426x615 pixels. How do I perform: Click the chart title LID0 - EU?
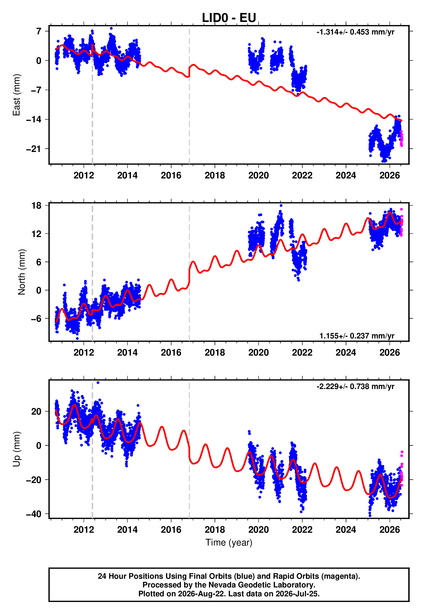pos(229,18)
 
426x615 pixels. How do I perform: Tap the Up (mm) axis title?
pos(16,449)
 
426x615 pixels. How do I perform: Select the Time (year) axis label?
pos(229,542)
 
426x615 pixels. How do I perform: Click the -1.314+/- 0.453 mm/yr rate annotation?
pos(355,32)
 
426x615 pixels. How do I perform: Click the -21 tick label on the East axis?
pos(34,149)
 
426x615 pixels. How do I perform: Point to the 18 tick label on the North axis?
pos(36,205)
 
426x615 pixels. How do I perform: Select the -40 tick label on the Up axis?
pos(34,514)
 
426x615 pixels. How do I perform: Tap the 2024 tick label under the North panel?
pos(346,353)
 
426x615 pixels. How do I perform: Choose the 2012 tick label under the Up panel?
pos(84,530)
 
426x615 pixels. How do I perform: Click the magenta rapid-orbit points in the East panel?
pos(401,138)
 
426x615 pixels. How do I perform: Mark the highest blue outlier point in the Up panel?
pos(98,383)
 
